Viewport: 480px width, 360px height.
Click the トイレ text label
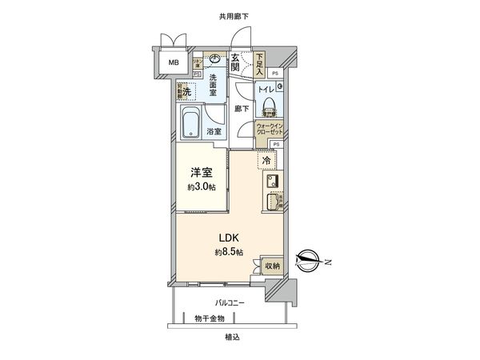(x=267, y=90)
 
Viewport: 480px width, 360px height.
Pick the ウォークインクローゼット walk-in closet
(x=270, y=130)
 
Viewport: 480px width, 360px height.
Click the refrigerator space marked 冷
(x=266, y=161)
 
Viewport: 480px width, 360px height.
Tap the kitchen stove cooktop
(x=270, y=180)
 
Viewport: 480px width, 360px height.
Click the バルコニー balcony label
(x=229, y=303)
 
